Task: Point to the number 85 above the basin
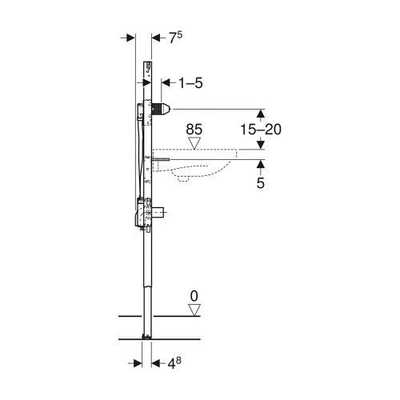194,127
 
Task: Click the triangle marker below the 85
194,142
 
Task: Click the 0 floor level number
193,296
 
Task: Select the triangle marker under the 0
193,309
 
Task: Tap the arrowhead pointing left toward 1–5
166,82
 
